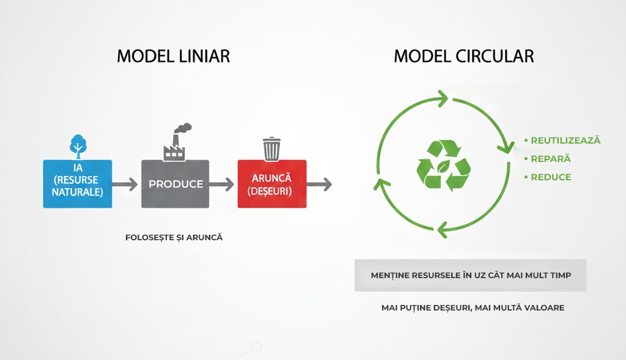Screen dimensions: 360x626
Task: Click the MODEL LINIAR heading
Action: click(173, 56)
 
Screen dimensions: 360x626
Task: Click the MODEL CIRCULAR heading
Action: click(463, 56)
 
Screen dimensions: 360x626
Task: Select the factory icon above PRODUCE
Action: click(174, 149)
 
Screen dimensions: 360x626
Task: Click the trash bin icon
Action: click(272, 148)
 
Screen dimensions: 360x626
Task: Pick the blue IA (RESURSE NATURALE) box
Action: click(78, 183)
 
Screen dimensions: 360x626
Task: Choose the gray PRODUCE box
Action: click(175, 183)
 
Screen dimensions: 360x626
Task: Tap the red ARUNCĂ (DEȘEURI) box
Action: click(272, 183)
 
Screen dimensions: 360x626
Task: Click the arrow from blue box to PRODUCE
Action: click(127, 183)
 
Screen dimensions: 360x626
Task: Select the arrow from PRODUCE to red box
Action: click(223, 183)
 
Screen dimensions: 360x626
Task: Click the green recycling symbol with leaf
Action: click(443, 165)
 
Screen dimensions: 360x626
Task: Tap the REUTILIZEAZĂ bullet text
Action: click(565, 141)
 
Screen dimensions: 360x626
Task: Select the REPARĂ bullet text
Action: click(550, 159)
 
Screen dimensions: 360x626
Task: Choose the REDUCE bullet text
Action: click(551, 177)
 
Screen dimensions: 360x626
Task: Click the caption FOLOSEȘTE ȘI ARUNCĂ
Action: click(174, 237)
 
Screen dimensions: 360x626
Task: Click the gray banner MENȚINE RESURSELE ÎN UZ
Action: click(470, 276)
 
